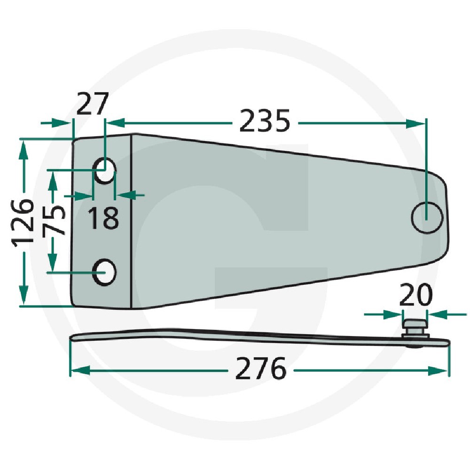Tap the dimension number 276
[x=261, y=369]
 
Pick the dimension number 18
[x=103, y=218]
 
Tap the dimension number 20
[x=415, y=296]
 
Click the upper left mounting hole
[x=104, y=170]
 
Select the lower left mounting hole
[x=104, y=271]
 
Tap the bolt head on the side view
[x=414, y=325]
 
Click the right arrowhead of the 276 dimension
[x=439, y=371]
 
